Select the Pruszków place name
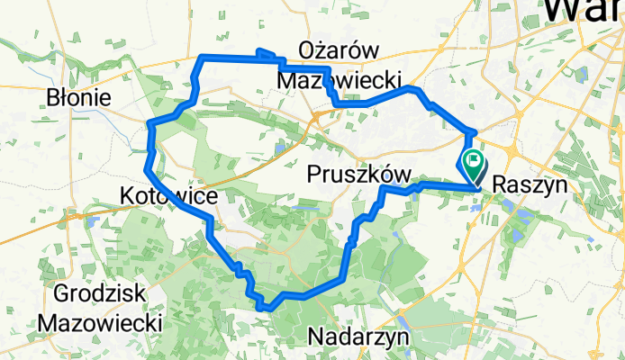(x=359, y=173)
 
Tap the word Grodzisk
(x=101, y=293)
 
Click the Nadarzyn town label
(x=358, y=337)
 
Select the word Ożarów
(x=339, y=50)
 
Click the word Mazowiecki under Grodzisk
(x=100, y=321)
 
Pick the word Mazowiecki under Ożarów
(x=339, y=80)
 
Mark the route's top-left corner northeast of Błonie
(x=201, y=58)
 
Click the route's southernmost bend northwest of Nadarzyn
(x=263, y=307)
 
